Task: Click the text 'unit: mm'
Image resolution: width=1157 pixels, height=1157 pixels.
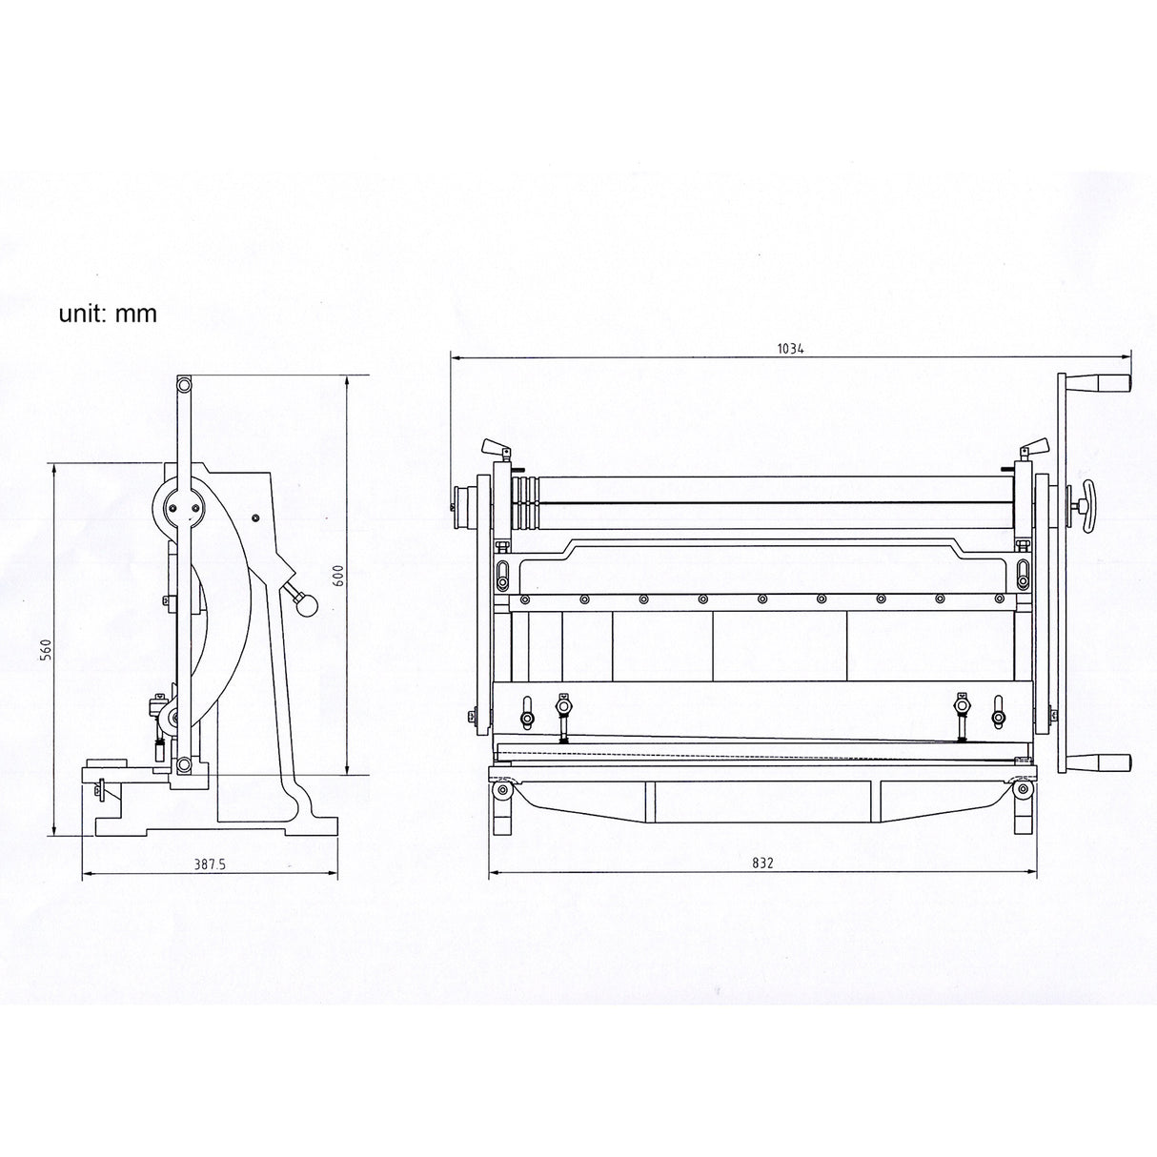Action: (108, 314)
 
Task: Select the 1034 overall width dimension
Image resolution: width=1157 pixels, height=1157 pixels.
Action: (790, 349)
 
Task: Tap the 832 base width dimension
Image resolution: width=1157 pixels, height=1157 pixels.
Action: (761, 863)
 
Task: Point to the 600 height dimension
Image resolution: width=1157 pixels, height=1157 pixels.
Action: (338, 577)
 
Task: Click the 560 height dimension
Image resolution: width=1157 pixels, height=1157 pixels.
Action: (46, 649)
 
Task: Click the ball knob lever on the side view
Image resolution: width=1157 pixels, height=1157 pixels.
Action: (305, 602)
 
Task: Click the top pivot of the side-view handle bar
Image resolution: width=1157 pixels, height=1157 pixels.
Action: (183, 384)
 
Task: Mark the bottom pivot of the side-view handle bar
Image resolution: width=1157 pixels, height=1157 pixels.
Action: (183, 764)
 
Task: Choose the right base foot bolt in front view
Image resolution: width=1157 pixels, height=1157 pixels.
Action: (1023, 788)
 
